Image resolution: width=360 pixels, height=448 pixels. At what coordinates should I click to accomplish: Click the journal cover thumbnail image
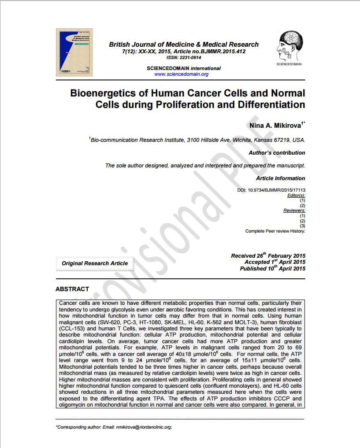point(73,52)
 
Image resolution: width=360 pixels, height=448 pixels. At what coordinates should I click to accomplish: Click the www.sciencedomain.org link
point(182,74)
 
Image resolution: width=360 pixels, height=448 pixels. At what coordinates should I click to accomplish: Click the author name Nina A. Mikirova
point(275,126)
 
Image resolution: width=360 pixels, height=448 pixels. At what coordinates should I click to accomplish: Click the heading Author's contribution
point(277,153)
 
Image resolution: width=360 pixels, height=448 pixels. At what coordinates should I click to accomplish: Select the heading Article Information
point(280,178)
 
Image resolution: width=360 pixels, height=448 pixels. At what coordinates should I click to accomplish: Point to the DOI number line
point(271,190)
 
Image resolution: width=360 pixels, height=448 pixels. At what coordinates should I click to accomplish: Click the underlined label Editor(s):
point(296,195)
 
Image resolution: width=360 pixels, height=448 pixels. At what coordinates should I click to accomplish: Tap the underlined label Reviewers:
point(294,211)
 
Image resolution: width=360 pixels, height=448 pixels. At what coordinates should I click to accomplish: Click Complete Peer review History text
point(275,231)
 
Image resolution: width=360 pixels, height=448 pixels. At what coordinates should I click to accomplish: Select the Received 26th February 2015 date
point(268,256)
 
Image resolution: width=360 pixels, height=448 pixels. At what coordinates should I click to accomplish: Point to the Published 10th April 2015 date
point(272,269)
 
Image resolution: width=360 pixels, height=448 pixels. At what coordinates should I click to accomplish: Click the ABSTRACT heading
point(72,289)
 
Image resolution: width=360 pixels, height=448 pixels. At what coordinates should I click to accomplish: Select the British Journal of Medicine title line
point(184,44)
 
